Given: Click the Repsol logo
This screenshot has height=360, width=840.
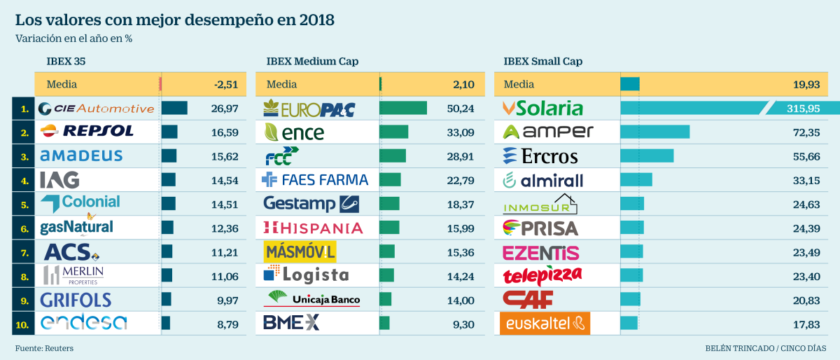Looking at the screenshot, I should pyautogui.click(x=87, y=131).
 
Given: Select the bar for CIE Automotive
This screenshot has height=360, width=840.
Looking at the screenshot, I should pyautogui.click(x=174, y=108).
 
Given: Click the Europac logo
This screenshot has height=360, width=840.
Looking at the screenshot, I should pyautogui.click(x=309, y=109).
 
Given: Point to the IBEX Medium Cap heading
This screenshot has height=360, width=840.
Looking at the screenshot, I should pyautogui.click(x=312, y=62).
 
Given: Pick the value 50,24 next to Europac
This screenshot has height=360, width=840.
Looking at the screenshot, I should pyautogui.click(x=460, y=108).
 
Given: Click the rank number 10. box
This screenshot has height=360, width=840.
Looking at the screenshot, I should pyautogui.click(x=24, y=323).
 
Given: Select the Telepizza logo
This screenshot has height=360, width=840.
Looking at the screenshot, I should pyautogui.click(x=542, y=275).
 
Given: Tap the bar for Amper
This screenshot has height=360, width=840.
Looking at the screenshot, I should pyautogui.click(x=654, y=132).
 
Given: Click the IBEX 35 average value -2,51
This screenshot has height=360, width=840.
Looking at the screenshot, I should pyautogui.click(x=226, y=85).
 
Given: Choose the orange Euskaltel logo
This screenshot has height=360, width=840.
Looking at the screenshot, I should pyautogui.click(x=545, y=323).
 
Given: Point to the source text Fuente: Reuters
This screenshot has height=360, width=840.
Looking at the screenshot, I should pyautogui.click(x=44, y=348).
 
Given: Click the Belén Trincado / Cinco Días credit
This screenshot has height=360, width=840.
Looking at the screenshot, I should pyautogui.click(x=765, y=348).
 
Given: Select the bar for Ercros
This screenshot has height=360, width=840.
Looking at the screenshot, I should pyautogui.click(x=647, y=155).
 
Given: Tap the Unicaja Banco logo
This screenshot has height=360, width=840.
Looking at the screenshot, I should pyautogui.click(x=311, y=298).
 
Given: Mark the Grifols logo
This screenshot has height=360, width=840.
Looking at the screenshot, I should pyautogui.click(x=76, y=300).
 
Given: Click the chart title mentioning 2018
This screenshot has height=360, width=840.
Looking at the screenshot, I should pyautogui.click(x=174, y=20).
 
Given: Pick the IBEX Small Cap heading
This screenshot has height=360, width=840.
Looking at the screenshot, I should pyautogui.click(x=542, y=62).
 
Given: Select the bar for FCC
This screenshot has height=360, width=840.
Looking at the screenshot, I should pyautogui.click(x=392, y=155).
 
